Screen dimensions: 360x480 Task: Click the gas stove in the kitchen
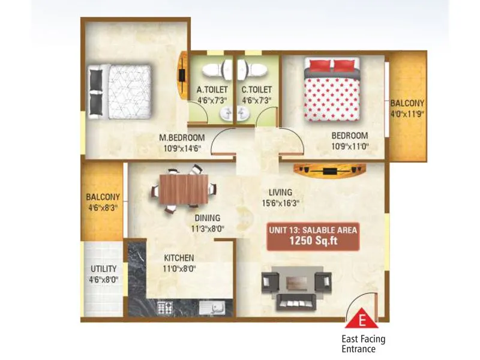click(164, 308)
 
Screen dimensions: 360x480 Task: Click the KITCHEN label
click(179, 258)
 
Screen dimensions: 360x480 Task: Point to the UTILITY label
click(103, 269)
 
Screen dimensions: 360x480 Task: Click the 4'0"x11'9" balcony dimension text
click(408, 113)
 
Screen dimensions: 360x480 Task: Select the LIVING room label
click(281, 193)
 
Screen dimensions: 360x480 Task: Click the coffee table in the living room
click(296, 281)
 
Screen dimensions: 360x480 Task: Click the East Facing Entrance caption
click(364, 344)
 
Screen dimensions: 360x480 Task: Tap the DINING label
click(207, 218)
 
